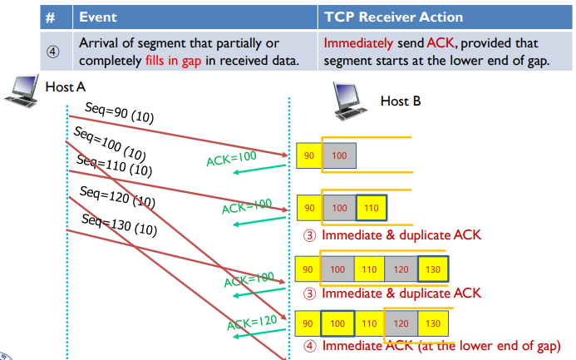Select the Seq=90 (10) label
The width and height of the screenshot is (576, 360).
118,111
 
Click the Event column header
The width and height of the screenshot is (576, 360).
97,17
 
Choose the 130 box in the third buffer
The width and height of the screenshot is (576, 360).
433,269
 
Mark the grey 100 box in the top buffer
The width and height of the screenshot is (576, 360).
338,155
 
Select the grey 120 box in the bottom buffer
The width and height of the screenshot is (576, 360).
401,323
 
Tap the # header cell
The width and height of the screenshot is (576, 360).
51,17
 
